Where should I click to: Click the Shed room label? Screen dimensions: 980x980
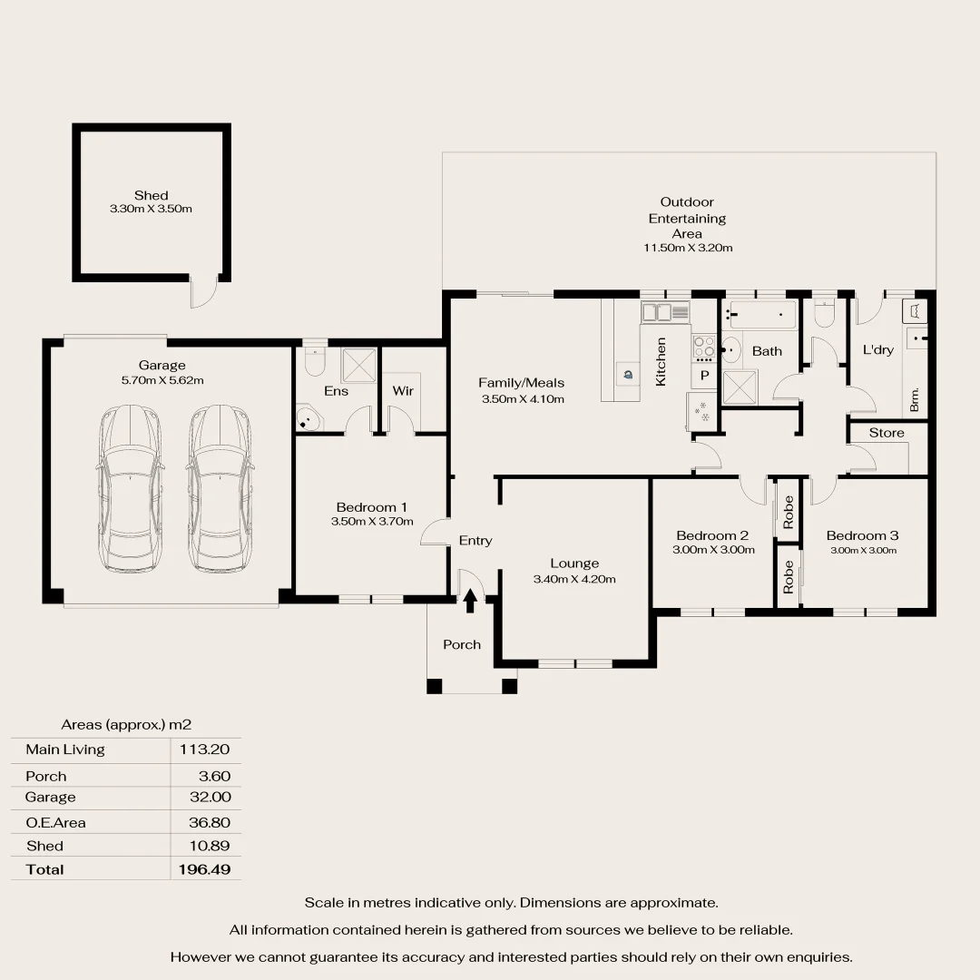pyautogui.click(x=151, y=195)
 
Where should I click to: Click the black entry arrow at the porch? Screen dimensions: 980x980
pyautogui.click(x=470, y=602)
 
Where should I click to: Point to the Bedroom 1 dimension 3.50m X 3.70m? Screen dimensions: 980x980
pyautogui.click(x=372, y=522)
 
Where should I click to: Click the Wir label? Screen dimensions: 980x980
pyautogui.click(x=403, y=391)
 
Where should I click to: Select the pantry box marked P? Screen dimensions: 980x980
pyautogui.click(x=704, y=374)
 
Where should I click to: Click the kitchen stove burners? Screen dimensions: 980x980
pyautogui.click(x=704, y=348)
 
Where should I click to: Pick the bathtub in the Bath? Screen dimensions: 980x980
pyautogui.click(x=762, y=316)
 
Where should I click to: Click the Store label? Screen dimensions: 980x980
pyautogui.click(x=887, y=433)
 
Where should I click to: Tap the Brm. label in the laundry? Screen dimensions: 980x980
pyautogui.click(x=915, y=399)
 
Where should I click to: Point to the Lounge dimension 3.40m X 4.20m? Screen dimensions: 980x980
pyautogui.click(x=574, y=579)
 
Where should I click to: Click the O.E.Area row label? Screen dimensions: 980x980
pyautogui.click(x=56, y=823)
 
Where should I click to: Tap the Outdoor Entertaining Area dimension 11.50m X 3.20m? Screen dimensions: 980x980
pyautogui.click(x=687, y=248)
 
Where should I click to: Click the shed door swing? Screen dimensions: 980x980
pyautogui.click(x=204, y=292)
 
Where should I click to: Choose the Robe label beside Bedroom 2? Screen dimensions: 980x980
pyautogui.click(x=789, y=512)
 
